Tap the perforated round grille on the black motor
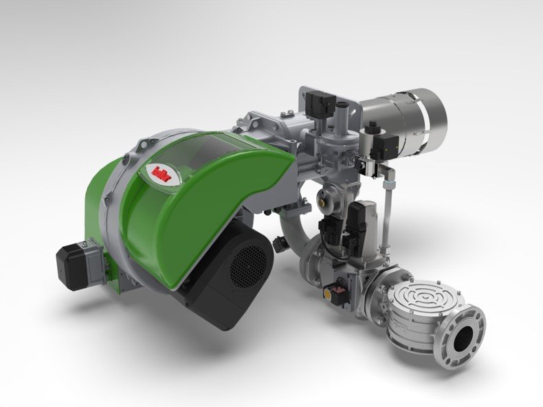(x=246, y=264)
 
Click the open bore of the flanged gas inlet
(x=465, y=337)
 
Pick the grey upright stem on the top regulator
(x=341, y=113)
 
